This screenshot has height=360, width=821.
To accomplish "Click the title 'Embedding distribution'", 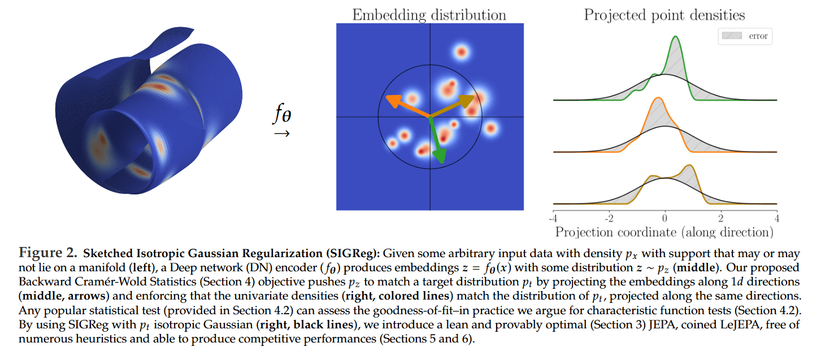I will (x=429, y=14).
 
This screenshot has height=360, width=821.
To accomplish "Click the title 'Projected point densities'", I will (x=664, y=14).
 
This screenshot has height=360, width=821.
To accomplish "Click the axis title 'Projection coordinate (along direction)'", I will (x=664, y=232).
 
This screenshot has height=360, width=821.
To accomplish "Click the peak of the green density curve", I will (x=675, y=37).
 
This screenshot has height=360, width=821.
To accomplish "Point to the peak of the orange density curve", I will (x=657, y=98).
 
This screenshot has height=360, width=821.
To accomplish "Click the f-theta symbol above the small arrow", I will (x=282, y=115).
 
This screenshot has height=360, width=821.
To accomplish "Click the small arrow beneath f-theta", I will (x=281, y=134).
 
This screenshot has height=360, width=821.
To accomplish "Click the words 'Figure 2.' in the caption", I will (x=48, y=252).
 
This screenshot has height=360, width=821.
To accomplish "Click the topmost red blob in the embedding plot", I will (x=462, y=53).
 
